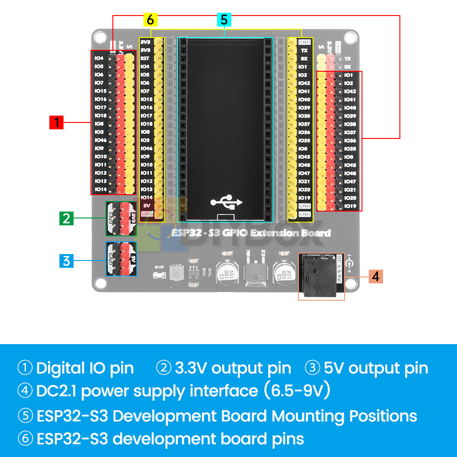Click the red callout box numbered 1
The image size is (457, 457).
[56, 122]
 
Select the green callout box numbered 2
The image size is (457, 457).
[66, 218]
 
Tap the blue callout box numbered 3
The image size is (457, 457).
[66, 261]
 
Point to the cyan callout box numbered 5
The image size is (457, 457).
[224, 20]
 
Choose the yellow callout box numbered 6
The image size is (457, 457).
[150, 20]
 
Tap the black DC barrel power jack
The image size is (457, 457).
[318, 276]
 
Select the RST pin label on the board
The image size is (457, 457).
[145, 58]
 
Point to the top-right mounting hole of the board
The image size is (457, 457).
[350, 38]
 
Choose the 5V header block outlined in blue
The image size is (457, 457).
[122, 259]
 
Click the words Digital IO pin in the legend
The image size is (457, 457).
[85, 368]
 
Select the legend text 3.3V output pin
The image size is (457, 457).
[233, 368]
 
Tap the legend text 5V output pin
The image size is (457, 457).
[376, 368]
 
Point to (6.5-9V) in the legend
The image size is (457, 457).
[296, 391]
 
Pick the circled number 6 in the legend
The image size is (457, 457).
[25, 439]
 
